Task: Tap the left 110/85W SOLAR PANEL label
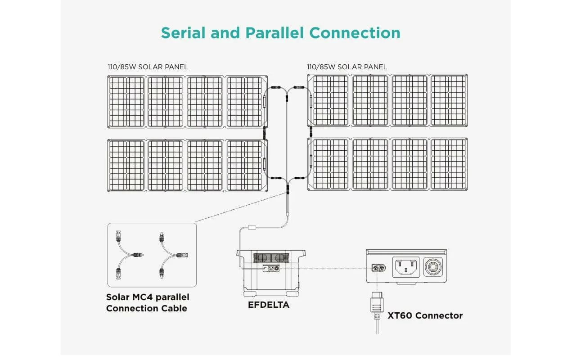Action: click(x=148, y=67)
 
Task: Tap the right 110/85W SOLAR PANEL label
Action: click(x=347, y=67)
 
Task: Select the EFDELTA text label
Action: click(x=268, y=305)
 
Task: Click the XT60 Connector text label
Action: click(x=425, y=315)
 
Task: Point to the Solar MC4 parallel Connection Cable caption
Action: click(x=147, y=303)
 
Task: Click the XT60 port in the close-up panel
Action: click(x=377, y=269)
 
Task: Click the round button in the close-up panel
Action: click(x=434, y=267)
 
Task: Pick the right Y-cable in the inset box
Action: click(x=169, y=254)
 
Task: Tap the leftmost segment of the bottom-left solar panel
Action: click(x=126, y=165)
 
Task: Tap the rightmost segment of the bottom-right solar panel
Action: click(x=448, y=163)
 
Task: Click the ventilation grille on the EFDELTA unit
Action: click(x=271, y=258)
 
